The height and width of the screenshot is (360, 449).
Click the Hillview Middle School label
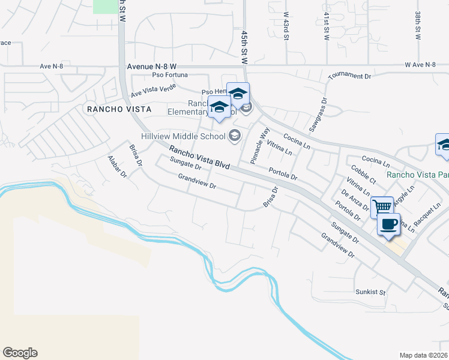183,136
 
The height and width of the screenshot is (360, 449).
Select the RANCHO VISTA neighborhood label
117,109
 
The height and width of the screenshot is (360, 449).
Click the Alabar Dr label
118,167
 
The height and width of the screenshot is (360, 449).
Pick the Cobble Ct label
364,175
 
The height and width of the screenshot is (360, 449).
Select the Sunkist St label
369,292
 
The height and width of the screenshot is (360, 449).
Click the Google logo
20,353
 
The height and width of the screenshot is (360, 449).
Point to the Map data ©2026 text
423,355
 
